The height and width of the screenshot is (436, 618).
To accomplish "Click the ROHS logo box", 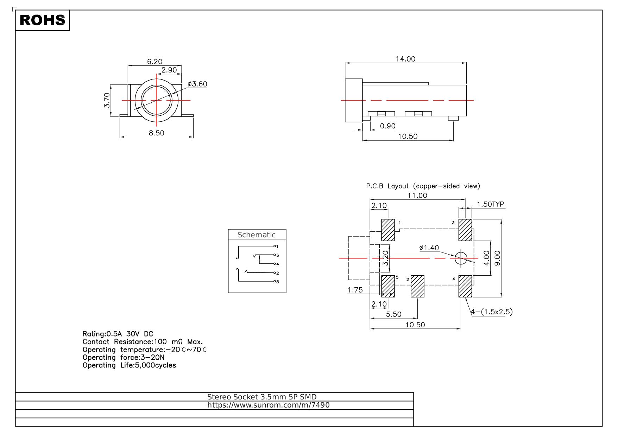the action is [x=43, y=20].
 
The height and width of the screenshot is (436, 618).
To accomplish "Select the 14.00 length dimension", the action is [x=405, y=59].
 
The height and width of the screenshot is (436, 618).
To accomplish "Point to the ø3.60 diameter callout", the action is [x=197, y=84].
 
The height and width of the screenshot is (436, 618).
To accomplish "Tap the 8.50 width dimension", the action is [x=156, y=133].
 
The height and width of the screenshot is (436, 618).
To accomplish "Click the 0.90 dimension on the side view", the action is [x=388, y=126].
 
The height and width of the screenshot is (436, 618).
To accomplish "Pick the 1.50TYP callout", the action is [x=491, y=204].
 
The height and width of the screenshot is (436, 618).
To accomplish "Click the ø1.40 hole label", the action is [x=429, y=248].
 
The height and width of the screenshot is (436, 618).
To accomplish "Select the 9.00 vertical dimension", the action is [x=497, y=258].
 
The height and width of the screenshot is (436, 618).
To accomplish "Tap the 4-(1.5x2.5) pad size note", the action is [x=492, y=312].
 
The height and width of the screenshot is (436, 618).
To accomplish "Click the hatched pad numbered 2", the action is [x=417, y=286].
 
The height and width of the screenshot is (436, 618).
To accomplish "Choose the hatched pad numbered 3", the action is [x=465, y=230].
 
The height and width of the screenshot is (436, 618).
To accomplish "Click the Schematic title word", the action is [x=257, y=235].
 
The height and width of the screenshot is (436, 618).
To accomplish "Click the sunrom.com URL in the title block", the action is [x=269, y=405].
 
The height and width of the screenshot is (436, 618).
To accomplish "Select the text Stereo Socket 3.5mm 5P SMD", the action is [x=262, y=397].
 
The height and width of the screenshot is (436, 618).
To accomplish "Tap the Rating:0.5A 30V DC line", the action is [x=118, y=334].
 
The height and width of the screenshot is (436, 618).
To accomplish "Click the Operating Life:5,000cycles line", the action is [x=129, y=365].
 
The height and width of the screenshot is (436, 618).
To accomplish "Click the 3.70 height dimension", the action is [x=107, y=100].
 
